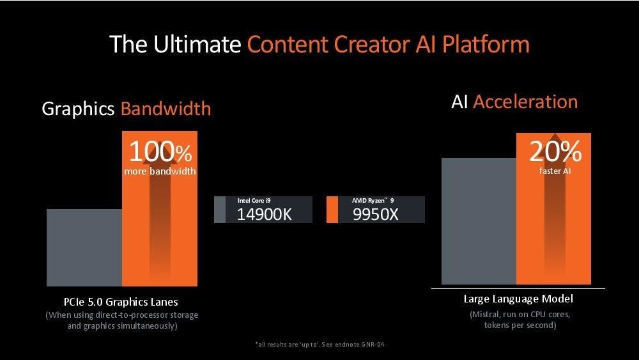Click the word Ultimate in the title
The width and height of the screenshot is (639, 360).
tap(197, 44)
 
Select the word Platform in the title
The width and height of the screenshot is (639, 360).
tap(486, 44)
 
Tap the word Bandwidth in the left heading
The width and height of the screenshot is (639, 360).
tap(166, 109)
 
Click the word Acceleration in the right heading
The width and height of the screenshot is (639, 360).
tap(525, 102)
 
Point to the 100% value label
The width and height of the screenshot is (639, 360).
tap(160, 152)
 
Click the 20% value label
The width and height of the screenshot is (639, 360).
tap(555, 152)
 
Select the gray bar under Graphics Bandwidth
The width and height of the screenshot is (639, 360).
tap(84, 247)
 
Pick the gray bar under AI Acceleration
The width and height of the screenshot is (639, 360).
tap(479, 221)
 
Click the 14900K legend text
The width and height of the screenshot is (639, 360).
tap(264, 214)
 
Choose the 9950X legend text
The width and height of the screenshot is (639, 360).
tap(375, 214)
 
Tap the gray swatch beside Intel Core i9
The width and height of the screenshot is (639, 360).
tap(220, 210)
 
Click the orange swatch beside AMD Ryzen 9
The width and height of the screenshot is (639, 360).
tap(332, 210)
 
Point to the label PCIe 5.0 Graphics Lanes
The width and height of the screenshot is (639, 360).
tap(121, 302)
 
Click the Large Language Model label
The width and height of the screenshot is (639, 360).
tap(518, 299)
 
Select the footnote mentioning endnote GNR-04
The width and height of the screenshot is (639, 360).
tap(320, 345)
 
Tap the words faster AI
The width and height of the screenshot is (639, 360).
tap(555, 171)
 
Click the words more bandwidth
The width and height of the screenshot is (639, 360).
tap(160, 171)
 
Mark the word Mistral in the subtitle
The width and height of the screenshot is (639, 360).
tap(484, 315)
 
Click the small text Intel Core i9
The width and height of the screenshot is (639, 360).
tap(254, 201)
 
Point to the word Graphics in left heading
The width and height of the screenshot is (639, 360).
tap(78, 109)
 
